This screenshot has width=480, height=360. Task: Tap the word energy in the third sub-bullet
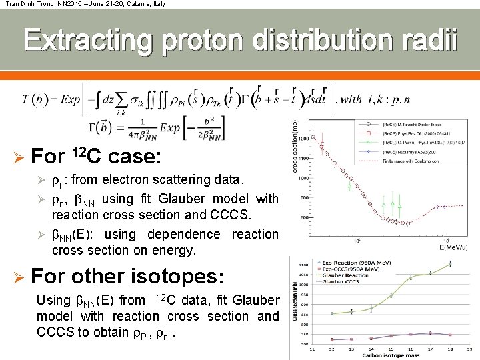pos(173,250)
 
